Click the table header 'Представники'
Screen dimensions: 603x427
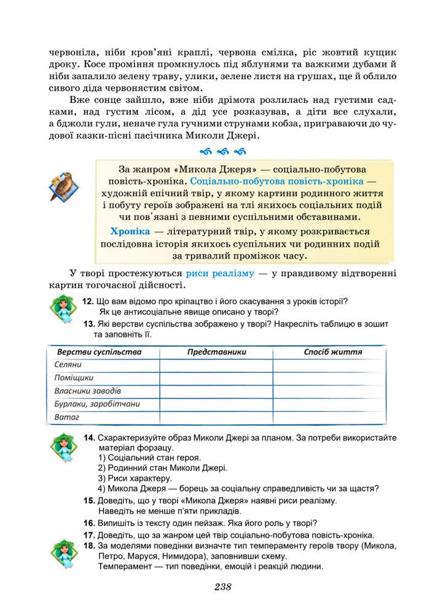pyautogui.click(x=216, y=352)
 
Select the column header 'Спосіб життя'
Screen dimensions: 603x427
pyautogui.click(x=332, y=352)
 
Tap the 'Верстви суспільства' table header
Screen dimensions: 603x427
pyautogui.click(x=100, y=352)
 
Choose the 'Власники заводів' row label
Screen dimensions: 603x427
pyautogui.click(x=88, y=391)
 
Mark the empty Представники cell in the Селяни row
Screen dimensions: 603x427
pyautogui.click(x=216, y=365)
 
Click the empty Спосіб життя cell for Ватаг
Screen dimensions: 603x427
pyautogui.click(x=329, y=417)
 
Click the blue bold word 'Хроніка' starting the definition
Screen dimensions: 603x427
pyautogui.click(x=130, y=231)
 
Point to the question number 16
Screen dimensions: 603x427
pyautogui.click(x=88, y=523)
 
